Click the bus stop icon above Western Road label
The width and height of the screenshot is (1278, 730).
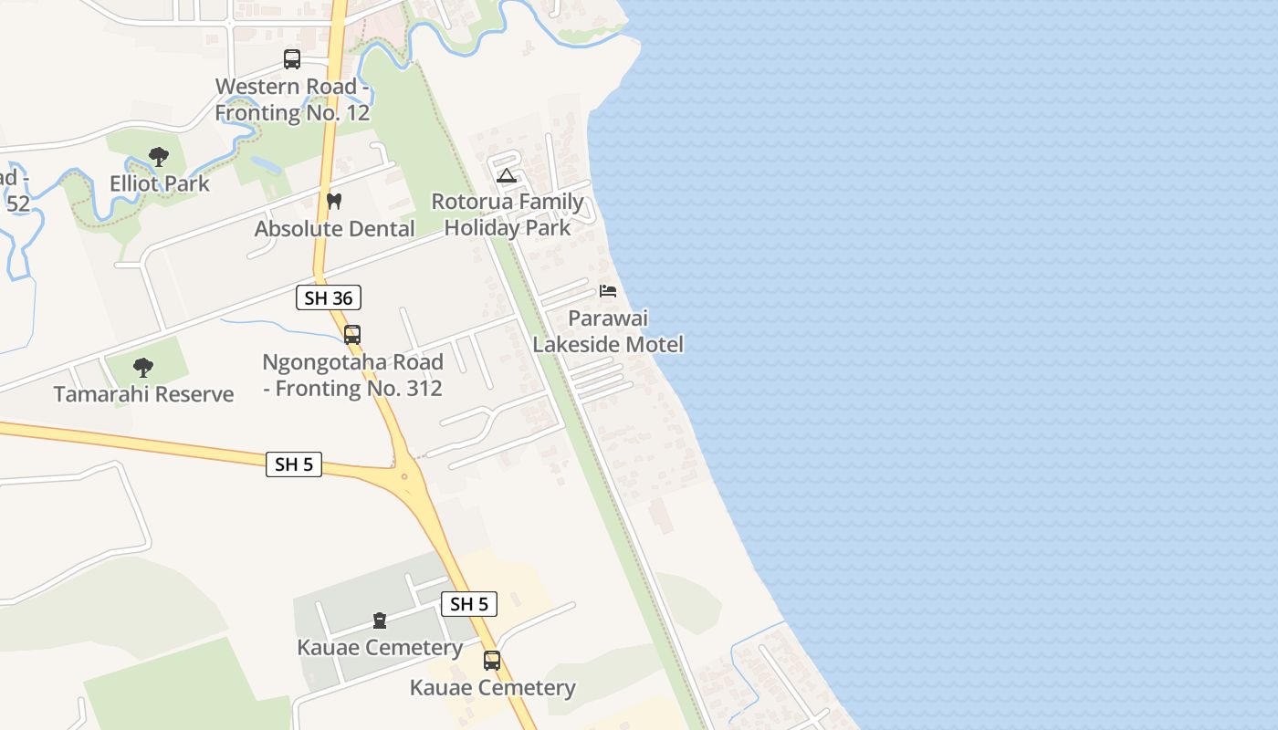pos(292,59)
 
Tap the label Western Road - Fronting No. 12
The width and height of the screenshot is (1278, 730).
pos(293,99)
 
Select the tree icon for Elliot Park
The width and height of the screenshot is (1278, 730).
pos(159,157)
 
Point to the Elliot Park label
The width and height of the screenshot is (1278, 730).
pos(160,183)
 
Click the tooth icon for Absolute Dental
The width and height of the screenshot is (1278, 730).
pos(334,202)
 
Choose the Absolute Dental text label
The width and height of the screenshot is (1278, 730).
pos(334,228)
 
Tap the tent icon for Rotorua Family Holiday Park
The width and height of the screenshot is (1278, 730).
pos(507,175)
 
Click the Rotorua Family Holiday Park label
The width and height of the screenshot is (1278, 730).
pos(508,214)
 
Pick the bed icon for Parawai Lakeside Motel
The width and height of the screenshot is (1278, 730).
pos(608,291)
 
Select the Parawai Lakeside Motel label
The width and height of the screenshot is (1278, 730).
pos(608,331)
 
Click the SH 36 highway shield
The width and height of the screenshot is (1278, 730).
pos(329,297)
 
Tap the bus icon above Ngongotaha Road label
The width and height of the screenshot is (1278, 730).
pos(352,335)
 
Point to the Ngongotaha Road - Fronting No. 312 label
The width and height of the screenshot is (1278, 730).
pos(352,375)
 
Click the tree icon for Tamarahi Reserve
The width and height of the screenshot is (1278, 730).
pos(142,368)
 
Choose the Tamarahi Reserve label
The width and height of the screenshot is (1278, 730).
pos(143,394)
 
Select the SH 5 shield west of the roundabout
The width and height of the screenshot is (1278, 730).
pos(294,464)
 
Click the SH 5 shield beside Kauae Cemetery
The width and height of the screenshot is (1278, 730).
pos(469,603)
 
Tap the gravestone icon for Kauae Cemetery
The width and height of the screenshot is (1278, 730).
pos(380,621)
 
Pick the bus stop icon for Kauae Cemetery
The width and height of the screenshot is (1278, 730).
pos(492,661)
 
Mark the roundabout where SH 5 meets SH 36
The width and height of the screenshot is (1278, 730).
pos(403,475)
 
